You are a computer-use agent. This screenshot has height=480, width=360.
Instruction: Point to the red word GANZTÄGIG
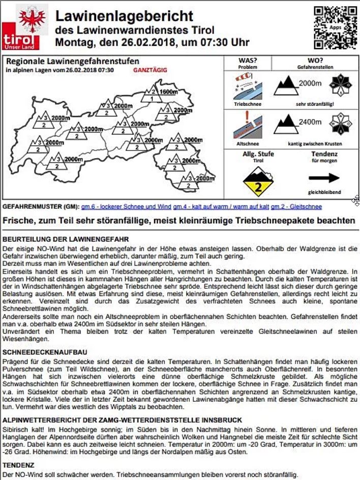pos(150,70)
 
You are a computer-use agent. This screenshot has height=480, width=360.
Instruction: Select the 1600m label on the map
pos(168,92)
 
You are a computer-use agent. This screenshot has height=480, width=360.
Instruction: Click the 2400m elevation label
pos(310,122)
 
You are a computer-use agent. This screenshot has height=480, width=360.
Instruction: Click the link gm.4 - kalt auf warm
pos(221,207)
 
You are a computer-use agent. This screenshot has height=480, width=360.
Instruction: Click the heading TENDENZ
pos(19,465)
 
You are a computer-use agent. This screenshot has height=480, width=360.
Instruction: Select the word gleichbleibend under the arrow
pos(324,192)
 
